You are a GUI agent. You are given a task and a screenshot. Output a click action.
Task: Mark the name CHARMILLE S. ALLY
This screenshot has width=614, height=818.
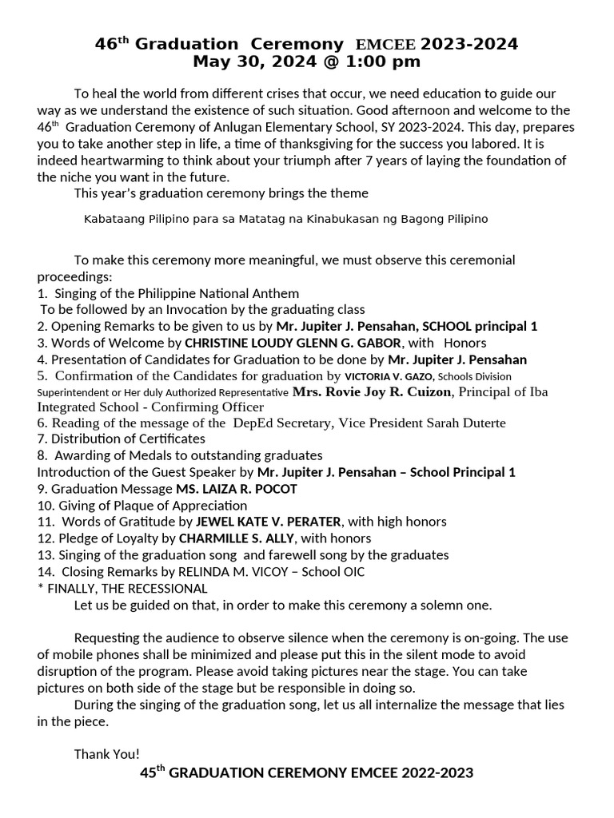coord(235,538)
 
